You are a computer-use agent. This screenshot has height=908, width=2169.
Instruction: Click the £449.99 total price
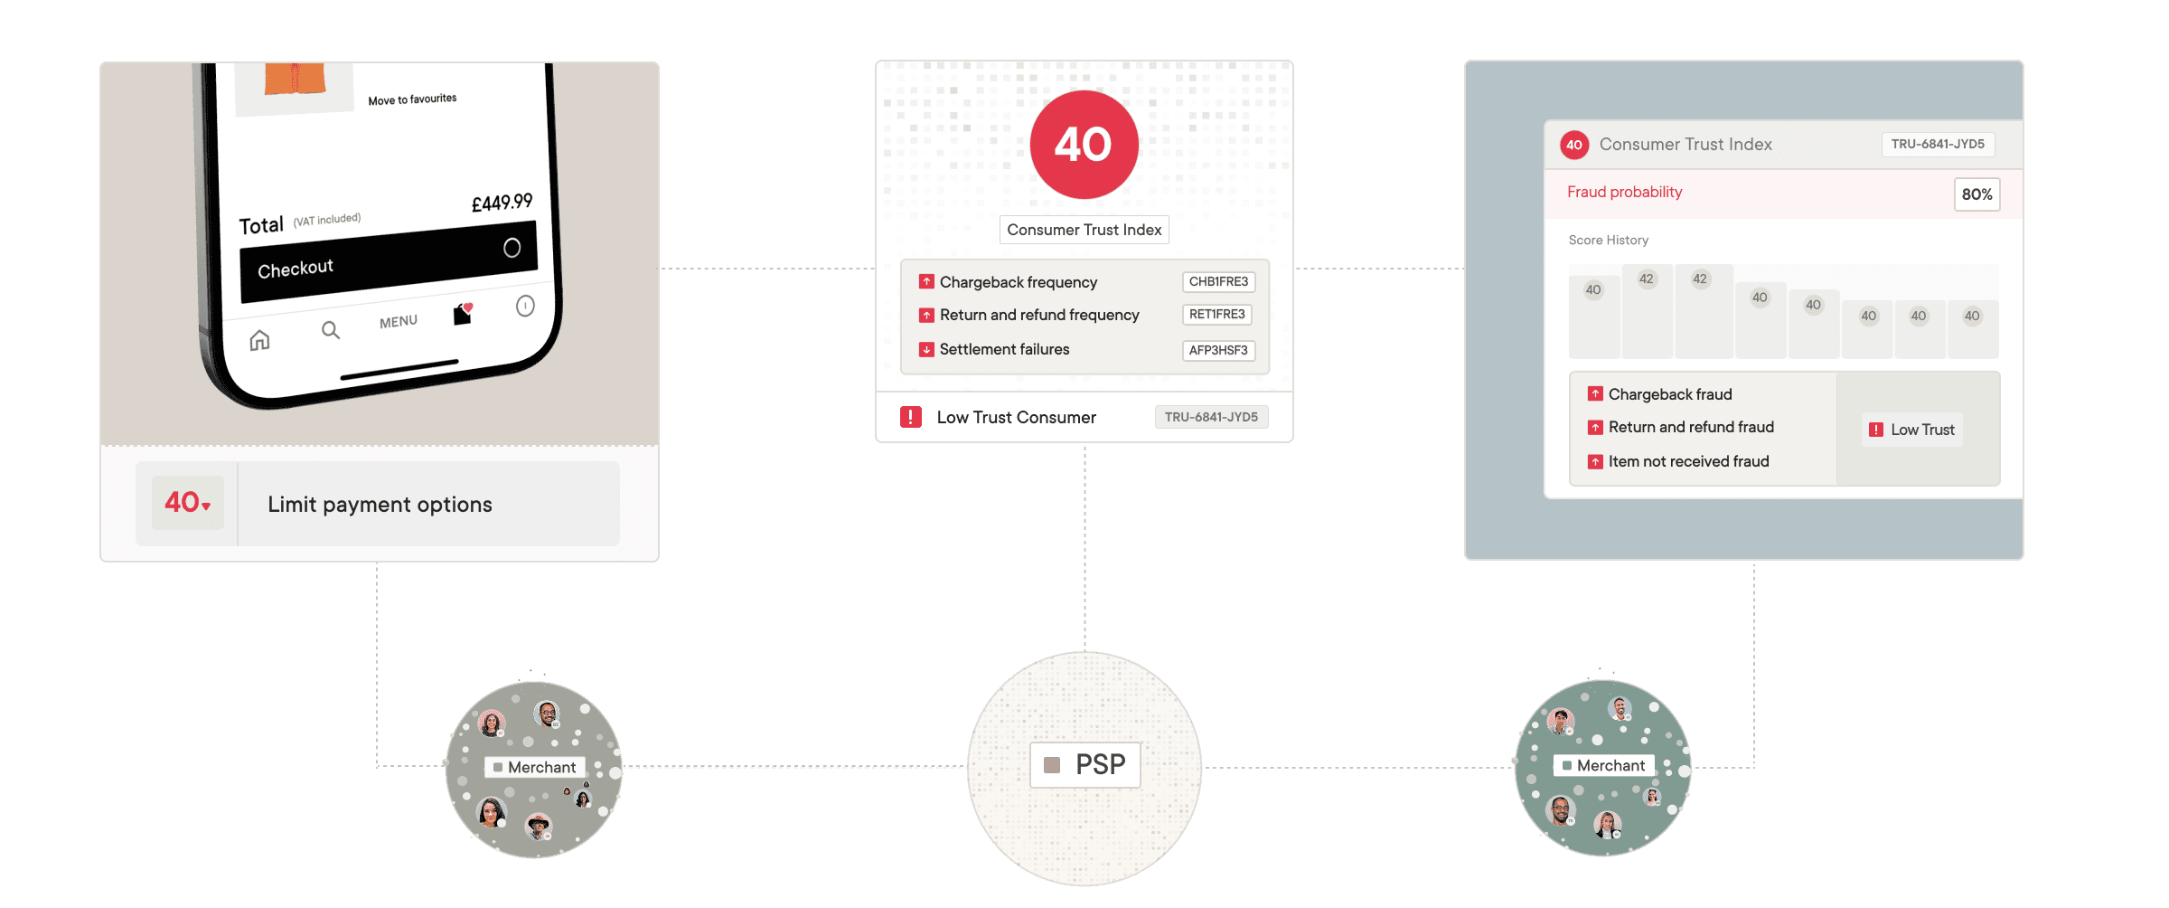(502, 203)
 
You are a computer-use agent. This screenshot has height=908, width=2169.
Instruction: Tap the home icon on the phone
(259, 340)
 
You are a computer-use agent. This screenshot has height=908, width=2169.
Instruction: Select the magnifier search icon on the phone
(331, 330)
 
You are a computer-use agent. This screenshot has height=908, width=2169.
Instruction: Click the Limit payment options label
(380, 505)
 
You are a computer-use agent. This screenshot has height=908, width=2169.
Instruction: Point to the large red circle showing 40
(1084, 145)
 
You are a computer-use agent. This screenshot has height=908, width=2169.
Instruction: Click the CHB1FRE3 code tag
(1218, 282)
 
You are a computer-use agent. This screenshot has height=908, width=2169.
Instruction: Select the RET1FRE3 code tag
(1216, 315)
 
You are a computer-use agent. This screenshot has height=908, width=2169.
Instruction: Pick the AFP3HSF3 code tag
(1218, 350)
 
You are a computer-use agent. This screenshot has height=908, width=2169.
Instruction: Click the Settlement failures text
(1004, 349)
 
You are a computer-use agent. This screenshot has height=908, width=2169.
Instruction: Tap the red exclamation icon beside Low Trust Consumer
(910, 417)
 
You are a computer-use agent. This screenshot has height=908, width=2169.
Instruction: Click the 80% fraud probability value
(1977, 194)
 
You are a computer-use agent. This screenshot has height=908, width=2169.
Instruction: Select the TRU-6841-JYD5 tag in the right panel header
(1938, 145)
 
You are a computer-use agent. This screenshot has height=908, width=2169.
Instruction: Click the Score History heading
(1609, 241)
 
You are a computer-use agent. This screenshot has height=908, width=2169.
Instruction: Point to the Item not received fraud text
(1688, 461)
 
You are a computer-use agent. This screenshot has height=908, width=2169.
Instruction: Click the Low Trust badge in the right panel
(1912, 430)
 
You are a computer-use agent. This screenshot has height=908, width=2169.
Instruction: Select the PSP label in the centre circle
(1085, 765)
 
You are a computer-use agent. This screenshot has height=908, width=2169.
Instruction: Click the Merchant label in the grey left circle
(535, 767)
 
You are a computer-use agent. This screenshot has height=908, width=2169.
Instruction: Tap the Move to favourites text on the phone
(412, 99)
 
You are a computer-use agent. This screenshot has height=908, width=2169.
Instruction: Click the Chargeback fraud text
(1670, 394)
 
